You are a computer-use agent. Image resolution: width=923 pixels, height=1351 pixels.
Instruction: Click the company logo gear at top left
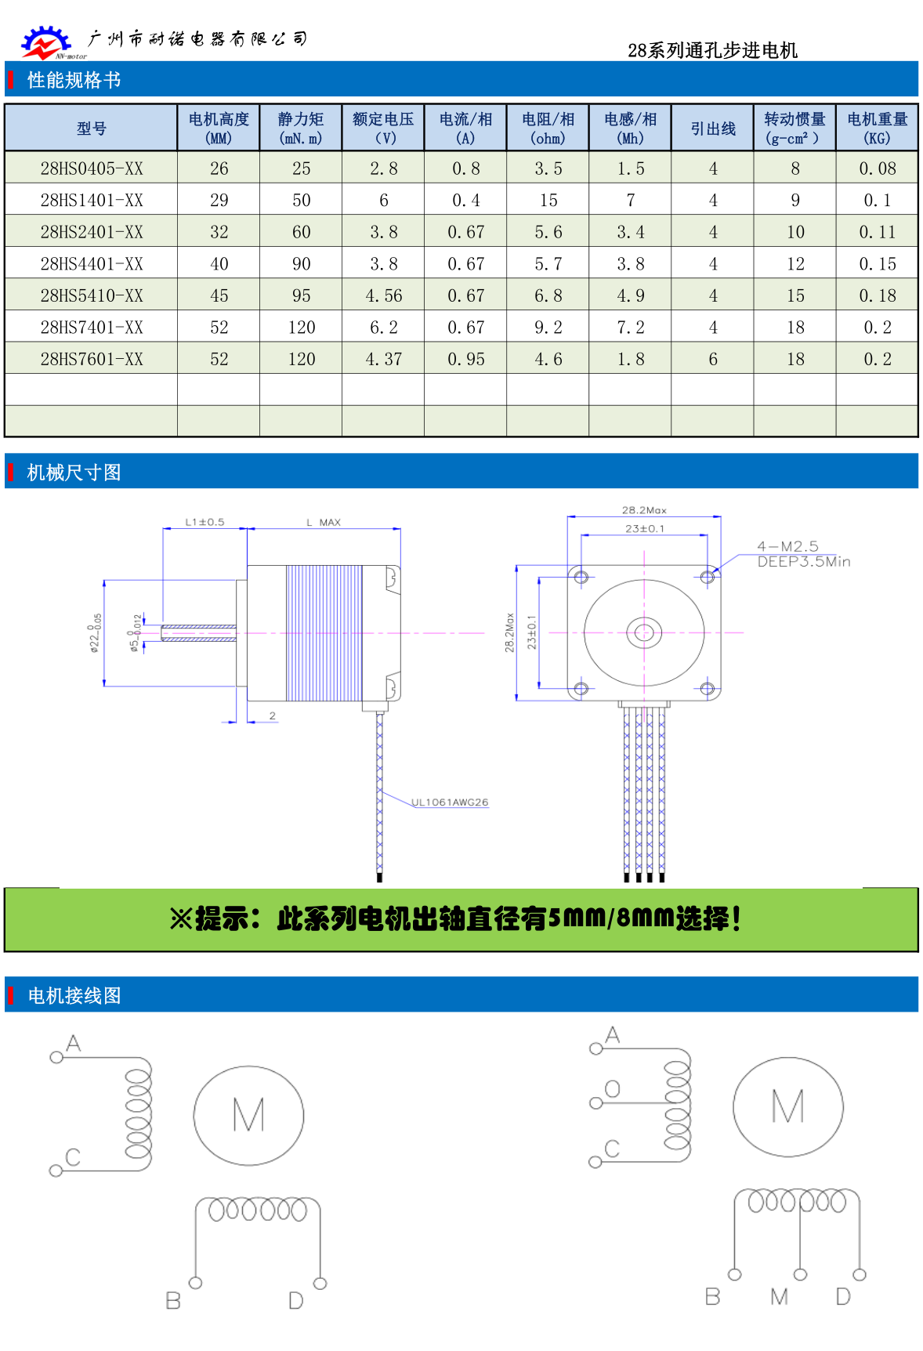tap(45, 42)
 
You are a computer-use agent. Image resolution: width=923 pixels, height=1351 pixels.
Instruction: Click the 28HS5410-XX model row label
tap(92, 295)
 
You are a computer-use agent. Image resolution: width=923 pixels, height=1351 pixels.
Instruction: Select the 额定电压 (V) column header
tap(383, 128)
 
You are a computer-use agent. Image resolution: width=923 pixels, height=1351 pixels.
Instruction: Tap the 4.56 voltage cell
tap(383, 295)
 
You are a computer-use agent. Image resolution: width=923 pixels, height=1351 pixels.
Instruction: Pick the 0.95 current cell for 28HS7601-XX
tap(465, 359)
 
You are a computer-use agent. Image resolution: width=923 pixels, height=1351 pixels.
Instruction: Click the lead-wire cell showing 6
tap(712, 359)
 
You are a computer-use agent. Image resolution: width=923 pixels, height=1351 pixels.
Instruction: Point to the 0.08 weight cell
tap(877, 168)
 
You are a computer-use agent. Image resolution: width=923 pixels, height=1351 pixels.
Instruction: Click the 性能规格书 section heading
tap(74, 80)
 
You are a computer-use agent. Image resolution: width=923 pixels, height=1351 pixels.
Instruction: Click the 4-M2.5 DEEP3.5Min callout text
tap(802, 553)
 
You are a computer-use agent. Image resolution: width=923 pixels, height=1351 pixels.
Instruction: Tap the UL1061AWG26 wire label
tap(450, 802)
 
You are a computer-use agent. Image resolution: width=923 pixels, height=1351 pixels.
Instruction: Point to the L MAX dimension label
tap(323, 522)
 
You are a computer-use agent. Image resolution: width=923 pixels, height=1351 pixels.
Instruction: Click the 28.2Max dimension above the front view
tap(644, 510)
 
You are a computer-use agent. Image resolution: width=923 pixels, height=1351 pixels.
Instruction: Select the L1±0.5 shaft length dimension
tap(205, 522)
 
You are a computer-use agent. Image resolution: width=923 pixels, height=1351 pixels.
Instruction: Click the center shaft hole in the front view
tap(644, 632)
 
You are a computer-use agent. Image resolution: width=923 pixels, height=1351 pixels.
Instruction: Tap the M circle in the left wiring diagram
tap(248, 1114)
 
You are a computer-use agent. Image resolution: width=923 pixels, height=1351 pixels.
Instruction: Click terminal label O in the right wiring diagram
tap(613, 1088)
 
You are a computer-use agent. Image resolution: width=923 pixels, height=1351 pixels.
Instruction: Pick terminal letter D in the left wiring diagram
tap(295, 1301)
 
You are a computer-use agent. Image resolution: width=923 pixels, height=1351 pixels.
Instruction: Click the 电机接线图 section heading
tap(74, 995)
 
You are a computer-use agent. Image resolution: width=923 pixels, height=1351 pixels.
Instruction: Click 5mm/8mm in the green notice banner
tap(610, 918)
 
